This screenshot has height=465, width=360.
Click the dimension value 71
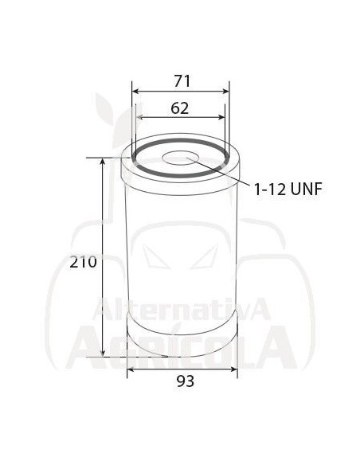coord(180,81)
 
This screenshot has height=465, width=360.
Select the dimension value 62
coord(180,108)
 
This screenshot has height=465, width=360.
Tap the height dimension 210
coord(83,262)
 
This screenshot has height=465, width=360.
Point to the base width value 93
coord(183,381)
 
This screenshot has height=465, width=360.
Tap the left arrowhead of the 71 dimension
coord(135,92)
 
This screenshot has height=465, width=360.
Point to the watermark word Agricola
coord(179,342)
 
